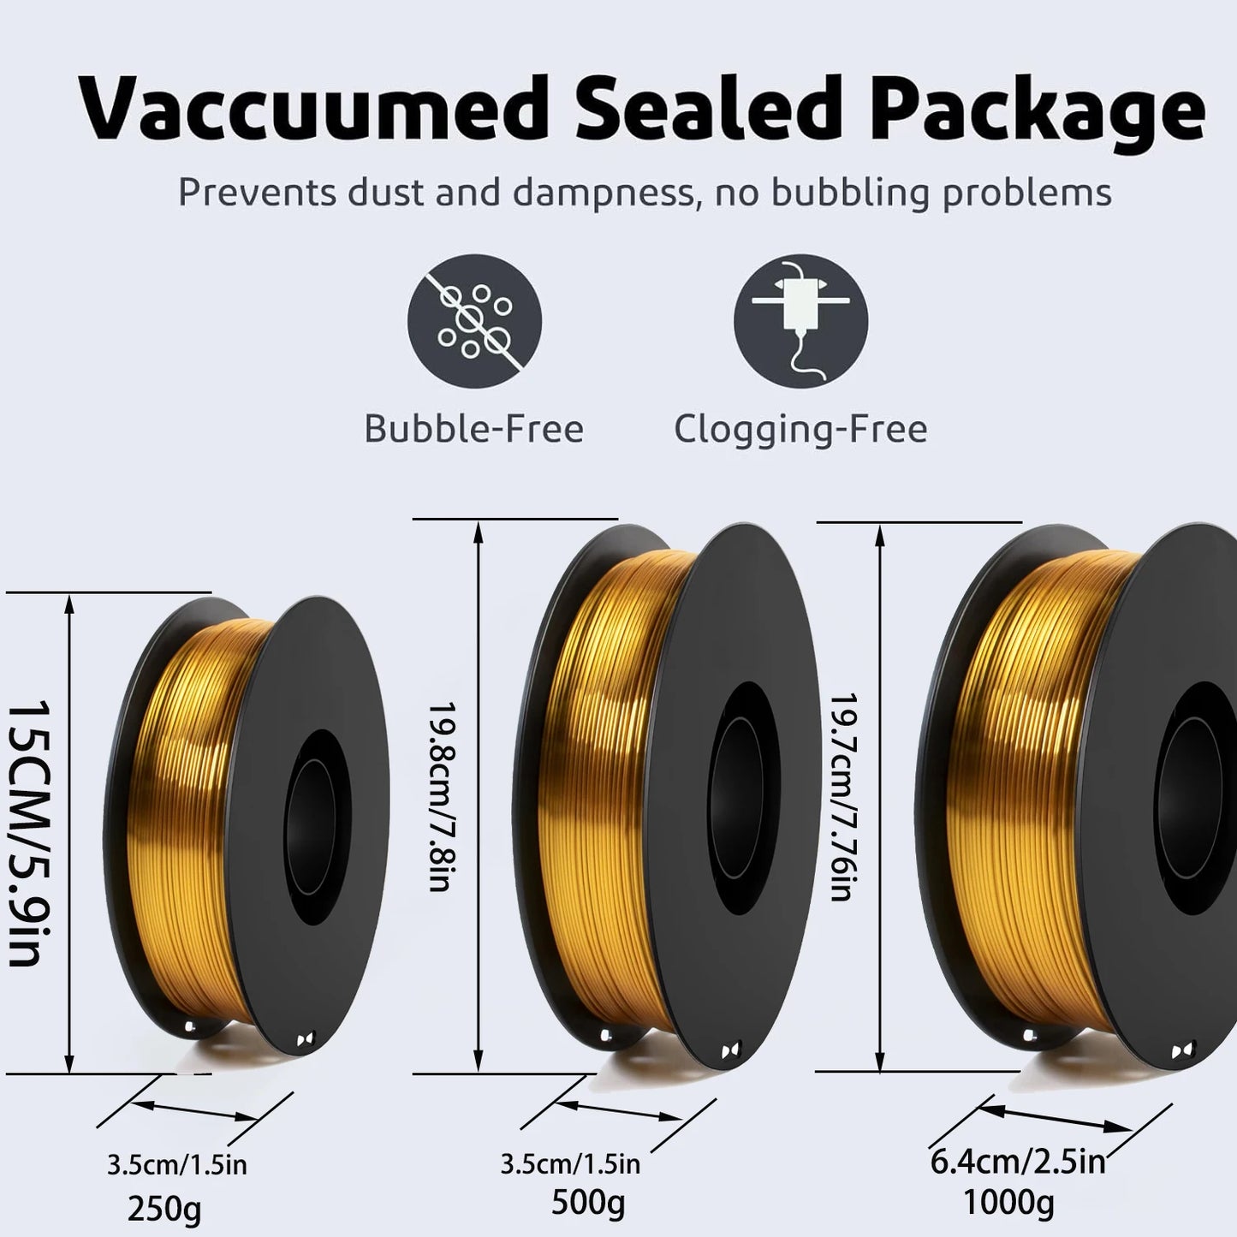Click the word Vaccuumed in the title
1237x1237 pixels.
pos(314,108)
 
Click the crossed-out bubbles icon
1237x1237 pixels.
pos(474,321)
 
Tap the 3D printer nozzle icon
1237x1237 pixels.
pos(800,321)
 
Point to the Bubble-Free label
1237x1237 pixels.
pos(473,428)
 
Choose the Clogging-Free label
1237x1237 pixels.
pos(800,430)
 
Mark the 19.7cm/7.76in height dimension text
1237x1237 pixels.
pos(843,797)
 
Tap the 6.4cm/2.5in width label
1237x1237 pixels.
pos(1018,1162)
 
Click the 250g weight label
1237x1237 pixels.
pos(164,1210)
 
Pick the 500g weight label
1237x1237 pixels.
pos(588,1204)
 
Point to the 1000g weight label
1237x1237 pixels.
pos(1009,1204)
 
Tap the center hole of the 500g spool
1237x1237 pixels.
pos(745,797)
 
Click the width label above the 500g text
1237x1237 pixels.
pos(570,1163)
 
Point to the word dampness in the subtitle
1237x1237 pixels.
pos(604,193)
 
